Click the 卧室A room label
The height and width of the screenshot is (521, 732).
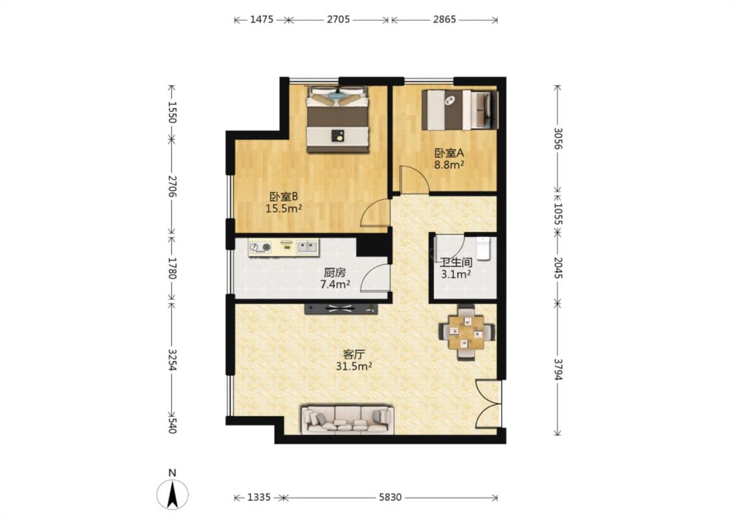click(449, 153)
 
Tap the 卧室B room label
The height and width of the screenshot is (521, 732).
click(284, 196)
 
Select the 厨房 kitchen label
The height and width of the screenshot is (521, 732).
click(334, 272)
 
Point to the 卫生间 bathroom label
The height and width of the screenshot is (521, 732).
click(455, 262)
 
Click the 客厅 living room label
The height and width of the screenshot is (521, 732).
click(353, 354)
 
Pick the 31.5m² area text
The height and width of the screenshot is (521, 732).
click(353, 367)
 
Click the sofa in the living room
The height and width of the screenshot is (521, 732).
click(347, 419)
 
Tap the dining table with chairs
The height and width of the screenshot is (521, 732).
click(467, 332)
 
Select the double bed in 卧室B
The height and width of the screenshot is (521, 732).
click(338, 119)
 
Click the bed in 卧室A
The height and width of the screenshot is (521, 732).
click(460, 110)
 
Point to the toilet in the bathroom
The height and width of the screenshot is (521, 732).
click(483, 247)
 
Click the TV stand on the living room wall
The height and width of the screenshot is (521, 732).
click(341, 309)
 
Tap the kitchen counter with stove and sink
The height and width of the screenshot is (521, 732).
click(284, 247)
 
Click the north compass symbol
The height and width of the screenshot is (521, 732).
click(172, 494)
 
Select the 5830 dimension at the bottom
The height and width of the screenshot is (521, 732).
click(390, 497)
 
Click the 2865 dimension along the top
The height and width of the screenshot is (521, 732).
click(444, 20)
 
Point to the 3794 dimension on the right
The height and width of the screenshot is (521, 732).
click(558, 369)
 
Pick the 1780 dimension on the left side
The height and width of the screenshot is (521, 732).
click(172, 268)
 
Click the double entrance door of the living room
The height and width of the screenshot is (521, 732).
click(488, 404)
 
